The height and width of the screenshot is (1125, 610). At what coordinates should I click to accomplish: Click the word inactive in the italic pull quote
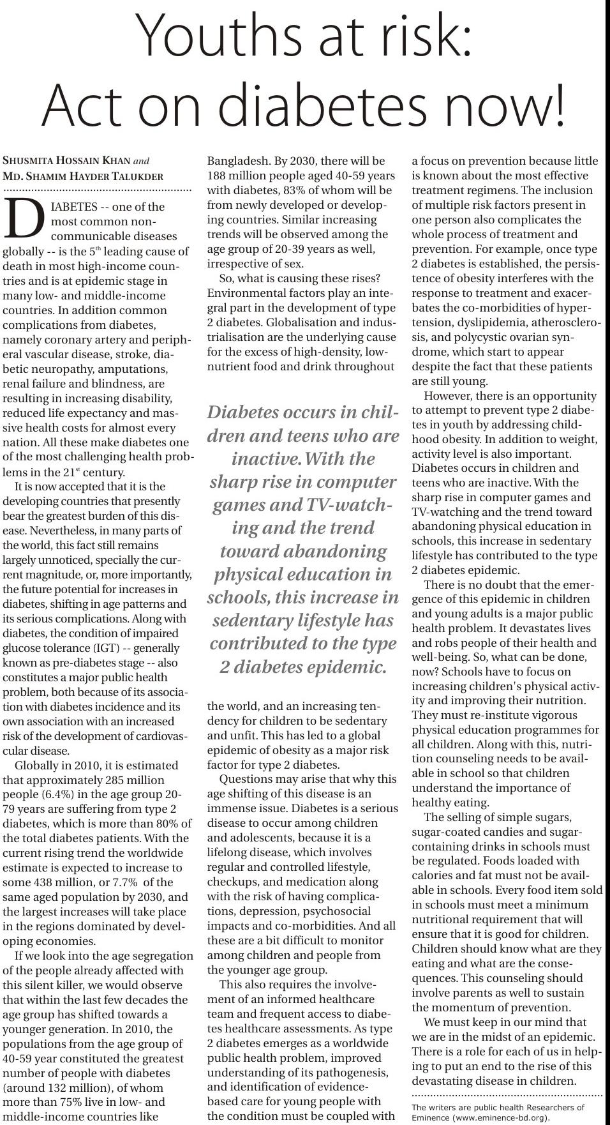point(267,459)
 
